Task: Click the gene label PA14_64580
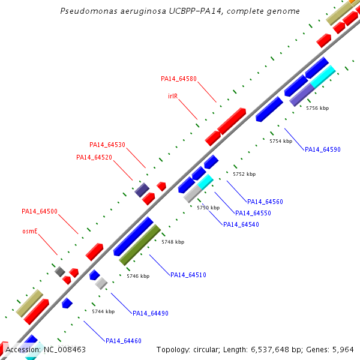[179, 79]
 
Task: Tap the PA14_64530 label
[107, 145]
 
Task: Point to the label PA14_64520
[94, 157]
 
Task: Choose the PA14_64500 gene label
[40, 211]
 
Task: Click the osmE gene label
[30, 230]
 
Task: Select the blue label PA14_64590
[323, 149]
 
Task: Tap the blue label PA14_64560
[265, 202]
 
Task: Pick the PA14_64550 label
[253, 213]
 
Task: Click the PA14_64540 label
[241, 224]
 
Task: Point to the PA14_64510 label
[188, 275]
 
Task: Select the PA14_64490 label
[151, 313]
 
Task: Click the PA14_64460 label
[124, 341]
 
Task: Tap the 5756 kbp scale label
[317, 109]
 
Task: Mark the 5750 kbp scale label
[208, 208]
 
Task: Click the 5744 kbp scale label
[103, 311]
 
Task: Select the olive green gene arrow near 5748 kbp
[140, 245]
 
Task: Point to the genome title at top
[181, 11]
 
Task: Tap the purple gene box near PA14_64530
[142, 190]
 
